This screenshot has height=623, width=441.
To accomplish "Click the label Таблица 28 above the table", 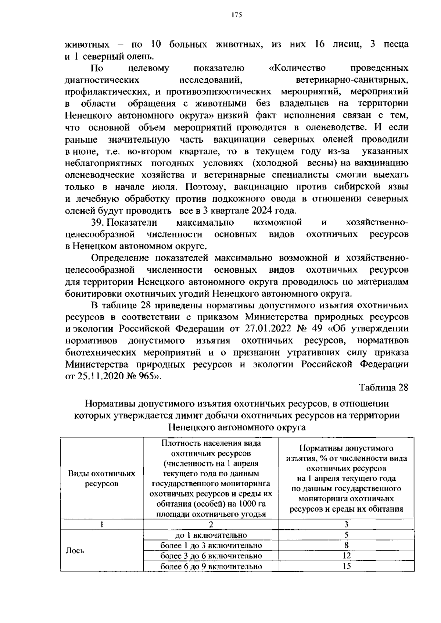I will (x=384, y=388).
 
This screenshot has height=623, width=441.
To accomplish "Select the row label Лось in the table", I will (x=75, y=551).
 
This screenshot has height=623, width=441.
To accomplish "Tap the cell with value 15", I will (x=346, y=566).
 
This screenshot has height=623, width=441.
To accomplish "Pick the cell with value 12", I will (x=346, y=555).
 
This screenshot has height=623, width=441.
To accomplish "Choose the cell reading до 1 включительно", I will (x=211, y=535).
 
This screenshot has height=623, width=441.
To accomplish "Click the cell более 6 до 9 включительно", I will (x=211, y=566).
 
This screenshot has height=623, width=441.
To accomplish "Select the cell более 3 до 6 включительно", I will (x=211, y=556).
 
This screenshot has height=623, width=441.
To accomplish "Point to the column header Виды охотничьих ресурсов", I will (x=101, y=478).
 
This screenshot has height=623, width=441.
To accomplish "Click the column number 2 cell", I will (x=211, y=524).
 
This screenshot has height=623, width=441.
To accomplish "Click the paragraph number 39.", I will (x=98, y=222).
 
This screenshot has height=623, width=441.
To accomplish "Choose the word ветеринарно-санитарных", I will (x=352, y=80).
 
